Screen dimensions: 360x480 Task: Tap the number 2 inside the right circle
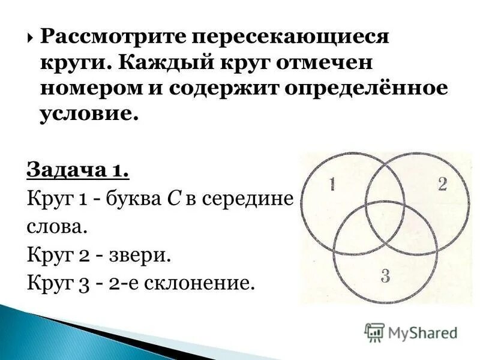click(442, 185)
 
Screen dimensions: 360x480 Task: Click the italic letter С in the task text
click(170, 200)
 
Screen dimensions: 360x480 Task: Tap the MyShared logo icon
click(374, 332)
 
